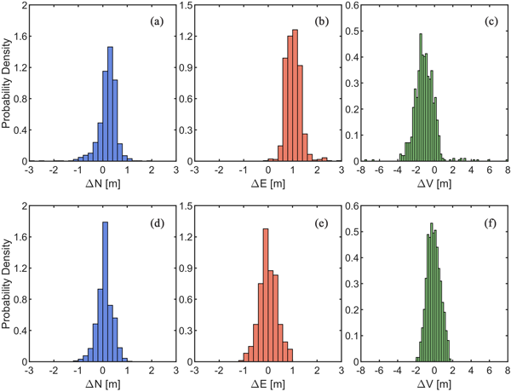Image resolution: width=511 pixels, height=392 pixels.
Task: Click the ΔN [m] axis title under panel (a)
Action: tap(103, 186)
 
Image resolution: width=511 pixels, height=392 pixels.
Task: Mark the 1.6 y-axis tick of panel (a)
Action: tap(20, 37)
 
